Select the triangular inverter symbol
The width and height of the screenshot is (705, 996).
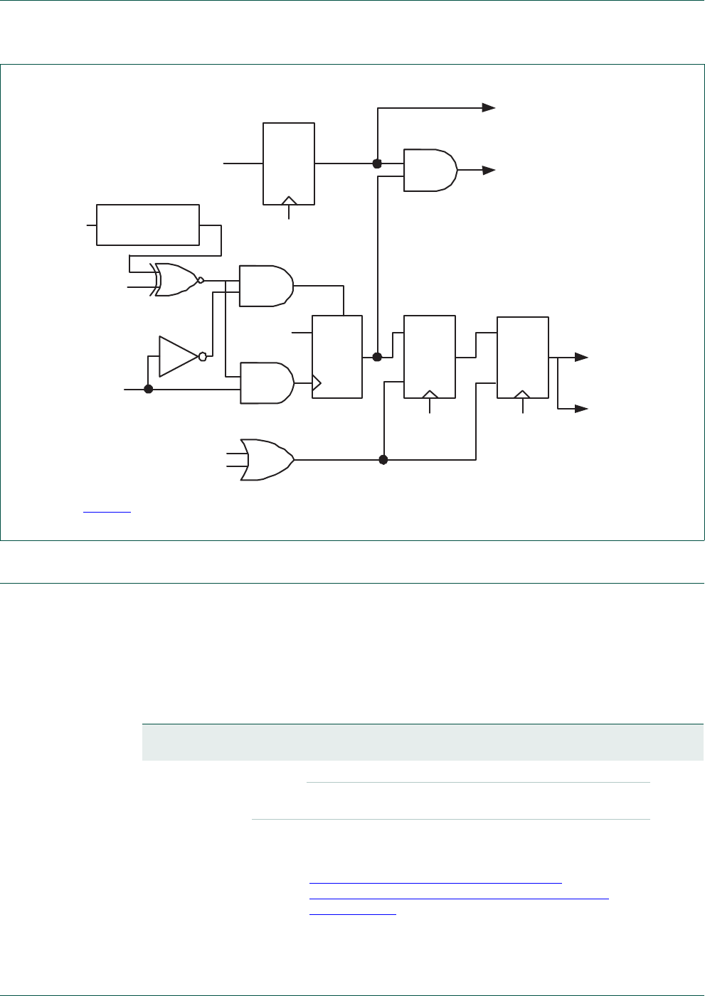point(177,356)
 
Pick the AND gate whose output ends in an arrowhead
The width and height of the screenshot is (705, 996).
point(430,170)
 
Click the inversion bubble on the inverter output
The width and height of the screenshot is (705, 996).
point(203,356)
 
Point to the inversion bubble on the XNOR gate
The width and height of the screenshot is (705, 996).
point(201,280)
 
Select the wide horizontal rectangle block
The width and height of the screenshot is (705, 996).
point(148,225)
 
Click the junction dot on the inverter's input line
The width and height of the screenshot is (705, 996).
point(149,389)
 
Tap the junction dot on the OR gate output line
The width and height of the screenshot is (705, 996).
point(383,460)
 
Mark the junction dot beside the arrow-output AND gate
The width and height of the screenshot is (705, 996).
point(378,164)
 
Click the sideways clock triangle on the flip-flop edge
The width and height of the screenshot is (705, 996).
point(317,384)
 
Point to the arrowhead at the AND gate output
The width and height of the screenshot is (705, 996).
point(489,170)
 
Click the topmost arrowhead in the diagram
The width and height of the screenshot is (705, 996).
point(489,107)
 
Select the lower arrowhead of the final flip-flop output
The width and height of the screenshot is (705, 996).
point(581,409)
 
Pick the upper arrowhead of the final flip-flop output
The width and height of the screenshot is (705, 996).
point(581,357)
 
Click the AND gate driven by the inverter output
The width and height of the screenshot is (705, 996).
point(266,286)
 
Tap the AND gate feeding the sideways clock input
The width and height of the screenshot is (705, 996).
point(267,383)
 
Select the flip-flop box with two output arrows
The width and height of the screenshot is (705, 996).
point(523,357)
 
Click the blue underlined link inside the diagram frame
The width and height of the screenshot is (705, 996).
point(107,510)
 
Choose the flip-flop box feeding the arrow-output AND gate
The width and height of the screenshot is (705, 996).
point(289,164)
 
